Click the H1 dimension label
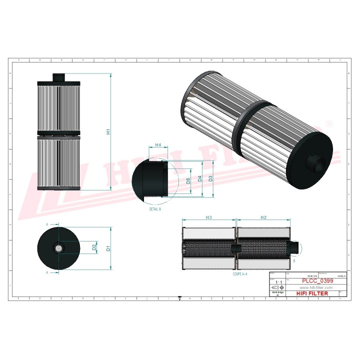[108, 132]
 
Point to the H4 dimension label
[158, 145]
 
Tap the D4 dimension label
[199, 178]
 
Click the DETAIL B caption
[155, 209]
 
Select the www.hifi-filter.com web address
[315, 288]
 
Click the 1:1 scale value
[277, 282]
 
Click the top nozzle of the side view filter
[59, 77]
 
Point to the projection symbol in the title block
[278, 288]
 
